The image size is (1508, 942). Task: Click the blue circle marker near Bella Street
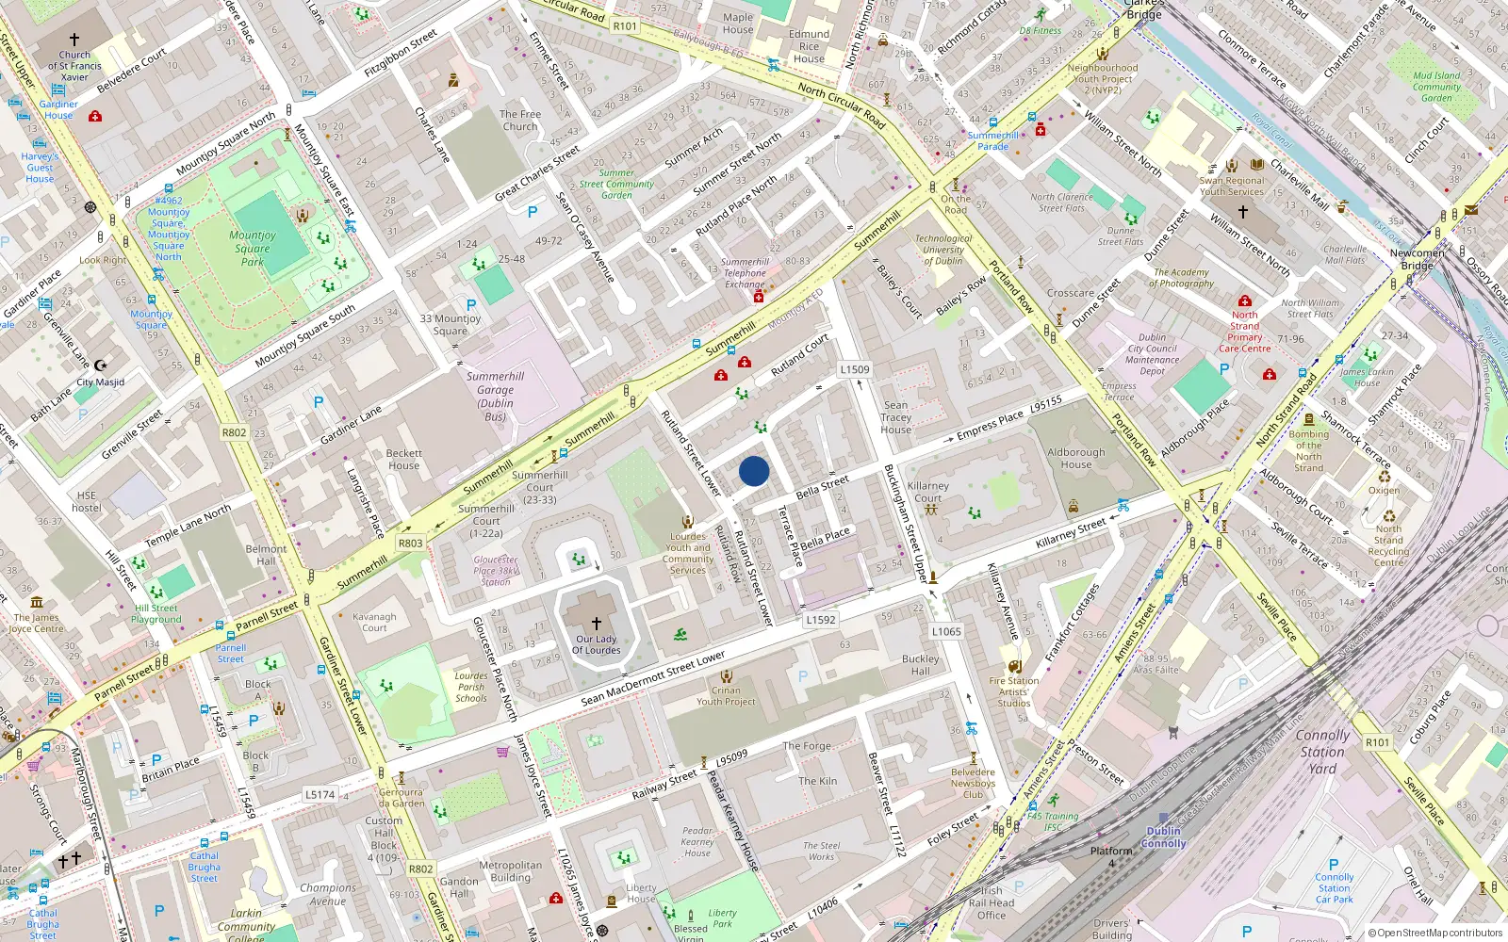pyautogui.click(x=754, y=471)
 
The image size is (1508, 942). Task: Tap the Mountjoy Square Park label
pyautogui.click(x=253, y=249)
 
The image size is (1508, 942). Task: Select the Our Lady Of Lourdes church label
pyautogui.click(x=598, y=644)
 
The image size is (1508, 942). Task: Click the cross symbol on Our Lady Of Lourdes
pyautogui.click(x=596, y=623)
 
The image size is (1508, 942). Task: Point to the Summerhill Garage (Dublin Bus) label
pyautogui.click(x=495, y=396)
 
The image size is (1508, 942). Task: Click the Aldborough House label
pyautogui.click(x=1075, y=458)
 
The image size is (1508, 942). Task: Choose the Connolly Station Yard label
pyautogui.click(x=1322, y=752)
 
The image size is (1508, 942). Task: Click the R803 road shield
pyautogui.click(x=411, y=543)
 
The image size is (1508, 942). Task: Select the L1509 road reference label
pyautogui.click(x=855, y=369)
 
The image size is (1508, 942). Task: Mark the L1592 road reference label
pyautogui.click(x=821, y=620)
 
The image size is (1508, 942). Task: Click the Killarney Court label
pyautogui.click(x=927, y=492)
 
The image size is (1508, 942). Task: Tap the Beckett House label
pyautogui.click(x=403, y=459)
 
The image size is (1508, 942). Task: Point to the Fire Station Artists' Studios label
pyautogui.click(x=1014, y=691)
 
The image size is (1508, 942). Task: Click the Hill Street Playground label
pyautogui.click(x=156, y=613)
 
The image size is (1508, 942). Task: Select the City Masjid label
pyautogui.click(x=100, y=382)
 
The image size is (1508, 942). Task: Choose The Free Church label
pyautogui.click(x=520, y=120)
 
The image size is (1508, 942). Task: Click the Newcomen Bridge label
pyautogui.click(x=1417, y=259)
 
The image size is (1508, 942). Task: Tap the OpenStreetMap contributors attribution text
pyautogui.click(x=1435, y=933)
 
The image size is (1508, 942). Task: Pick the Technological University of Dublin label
pyautogui.click(x=943, y=250)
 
